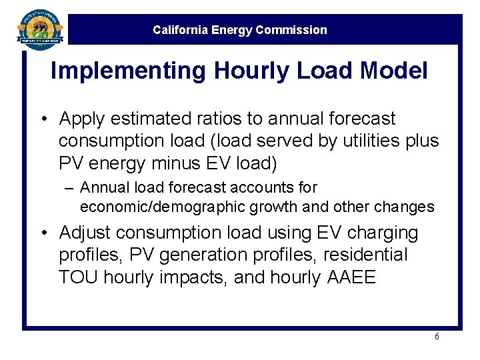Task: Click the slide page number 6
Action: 437,337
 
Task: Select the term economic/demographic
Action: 163,207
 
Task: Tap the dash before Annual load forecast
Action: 69,188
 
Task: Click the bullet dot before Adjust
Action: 43,233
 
